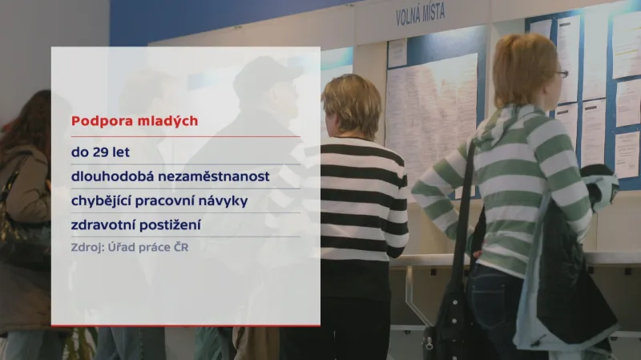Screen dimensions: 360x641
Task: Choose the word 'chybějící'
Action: [x=100, y=200]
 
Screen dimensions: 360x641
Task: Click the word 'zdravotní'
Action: [x=103, y=224]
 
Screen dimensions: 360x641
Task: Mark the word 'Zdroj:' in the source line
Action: [x=88, y=247]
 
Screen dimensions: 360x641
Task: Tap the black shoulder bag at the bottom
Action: [x=454, y=325]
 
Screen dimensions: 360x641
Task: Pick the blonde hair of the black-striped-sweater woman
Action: [x=351, y=103]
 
